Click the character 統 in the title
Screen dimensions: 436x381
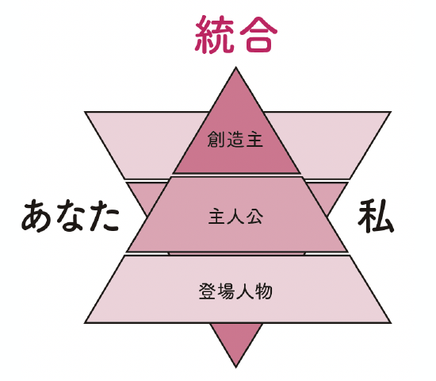click(214, 34)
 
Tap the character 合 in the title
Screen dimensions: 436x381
click(258, 35)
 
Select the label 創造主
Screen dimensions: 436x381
click(235, 139)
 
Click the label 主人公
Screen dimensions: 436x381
click(235, 217)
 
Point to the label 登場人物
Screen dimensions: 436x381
click(235, 291)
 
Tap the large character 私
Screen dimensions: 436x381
click(376, 216)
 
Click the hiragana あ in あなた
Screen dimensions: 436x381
click(36, 216)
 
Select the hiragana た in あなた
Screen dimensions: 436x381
click(104, 216)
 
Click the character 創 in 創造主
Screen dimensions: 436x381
click(216, 139)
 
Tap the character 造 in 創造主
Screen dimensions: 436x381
click(235, 139)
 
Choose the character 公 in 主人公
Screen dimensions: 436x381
click(254, 217)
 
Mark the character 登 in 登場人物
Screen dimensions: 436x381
click(208, 291)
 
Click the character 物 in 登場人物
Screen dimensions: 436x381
click(264, 291)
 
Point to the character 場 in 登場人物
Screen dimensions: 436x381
click(226, 291)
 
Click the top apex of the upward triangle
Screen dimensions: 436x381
click(235, 67)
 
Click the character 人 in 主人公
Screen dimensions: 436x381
click(235, 217)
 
